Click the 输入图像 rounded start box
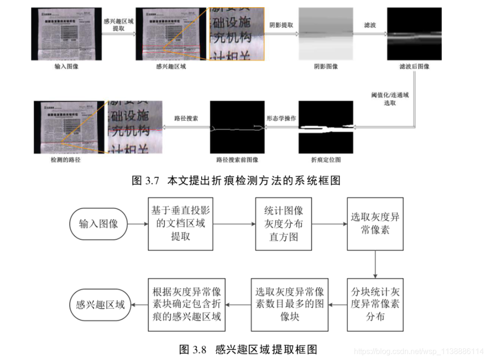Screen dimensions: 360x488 [x=98, y=224]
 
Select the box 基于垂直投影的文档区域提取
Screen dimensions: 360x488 [x=180, y=224]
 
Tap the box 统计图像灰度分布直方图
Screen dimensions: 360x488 [x=283, y=224]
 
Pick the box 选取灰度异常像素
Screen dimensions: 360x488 [x=375, y=224]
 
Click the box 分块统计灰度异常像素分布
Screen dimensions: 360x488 [x=375, y=304]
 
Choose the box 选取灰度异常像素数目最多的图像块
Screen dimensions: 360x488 [x=290, y=304]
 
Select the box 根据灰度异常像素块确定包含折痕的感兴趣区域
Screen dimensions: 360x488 [x=186, y=304]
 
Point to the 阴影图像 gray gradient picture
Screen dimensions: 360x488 [x=326, y=34]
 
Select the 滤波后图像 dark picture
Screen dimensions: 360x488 [x=414, y=34]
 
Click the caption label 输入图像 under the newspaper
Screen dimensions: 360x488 [x=67, y=67]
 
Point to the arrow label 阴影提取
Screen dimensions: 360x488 [x=281, y=25]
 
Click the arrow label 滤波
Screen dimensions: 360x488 [x=370, y=25]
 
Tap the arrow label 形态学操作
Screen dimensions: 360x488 [x=281, y=118]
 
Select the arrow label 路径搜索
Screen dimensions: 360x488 [x=187, y=118]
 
